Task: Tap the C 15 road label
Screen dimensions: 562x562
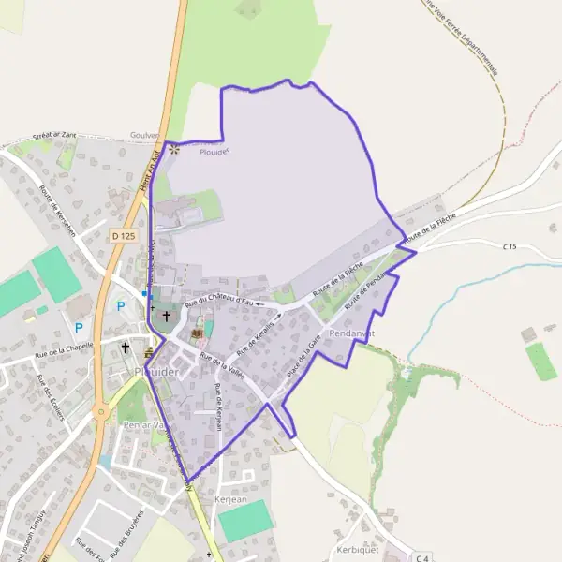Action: (x=510, y=246)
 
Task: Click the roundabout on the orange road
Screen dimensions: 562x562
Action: (x=100, y=411)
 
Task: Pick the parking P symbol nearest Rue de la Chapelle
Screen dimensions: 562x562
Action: (x=79, y=328)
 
